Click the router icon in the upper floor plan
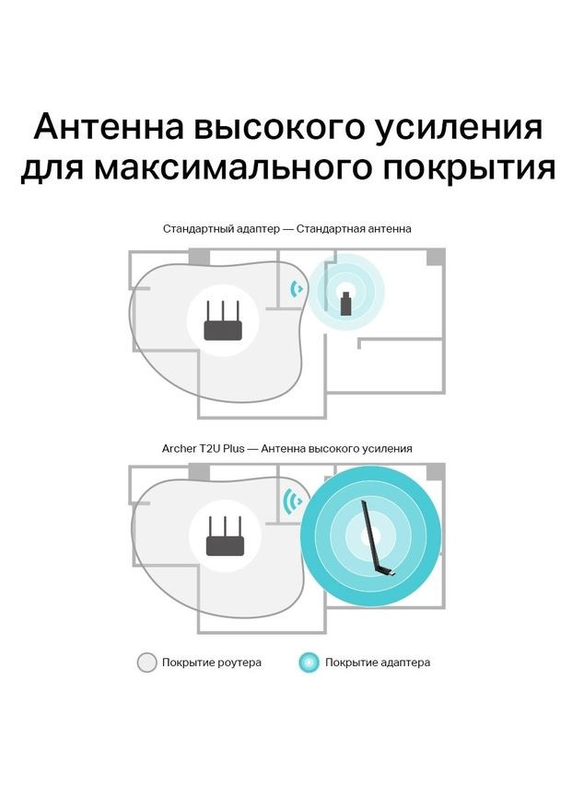pyautogui.click(x=221, y=323)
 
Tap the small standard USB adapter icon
pyautogui.click(x=345, y=303)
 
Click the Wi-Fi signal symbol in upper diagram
pyautogui.click(x=297, y=290)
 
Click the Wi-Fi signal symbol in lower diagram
pyautogui.click(x=293, y=502)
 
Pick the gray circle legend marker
pyautogui.click(x=146, y=662)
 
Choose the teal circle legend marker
pyautogui.click(x=309, y=662)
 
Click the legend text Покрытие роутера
pyautogui.click(x=211, y=662)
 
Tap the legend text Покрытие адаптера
pyautogui.click(x=377, y=662)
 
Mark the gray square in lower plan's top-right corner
pyautogui.click(x=436, y=471)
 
